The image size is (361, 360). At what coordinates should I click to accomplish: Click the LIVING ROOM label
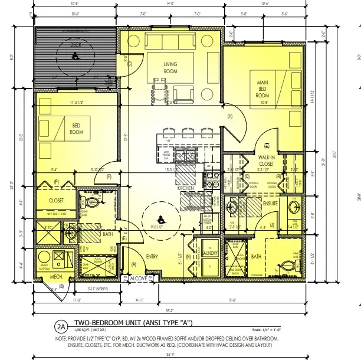tap(170, 67)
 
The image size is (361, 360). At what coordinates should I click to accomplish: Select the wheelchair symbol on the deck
tap(75, 57)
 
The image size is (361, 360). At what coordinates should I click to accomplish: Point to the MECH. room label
tap(57, 276)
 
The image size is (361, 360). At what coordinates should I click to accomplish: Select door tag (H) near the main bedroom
tap(229, 116)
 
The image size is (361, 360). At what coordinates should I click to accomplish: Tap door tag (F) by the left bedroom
tap(109, 176)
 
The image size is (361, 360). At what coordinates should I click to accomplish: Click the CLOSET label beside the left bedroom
tap(56, 200)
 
